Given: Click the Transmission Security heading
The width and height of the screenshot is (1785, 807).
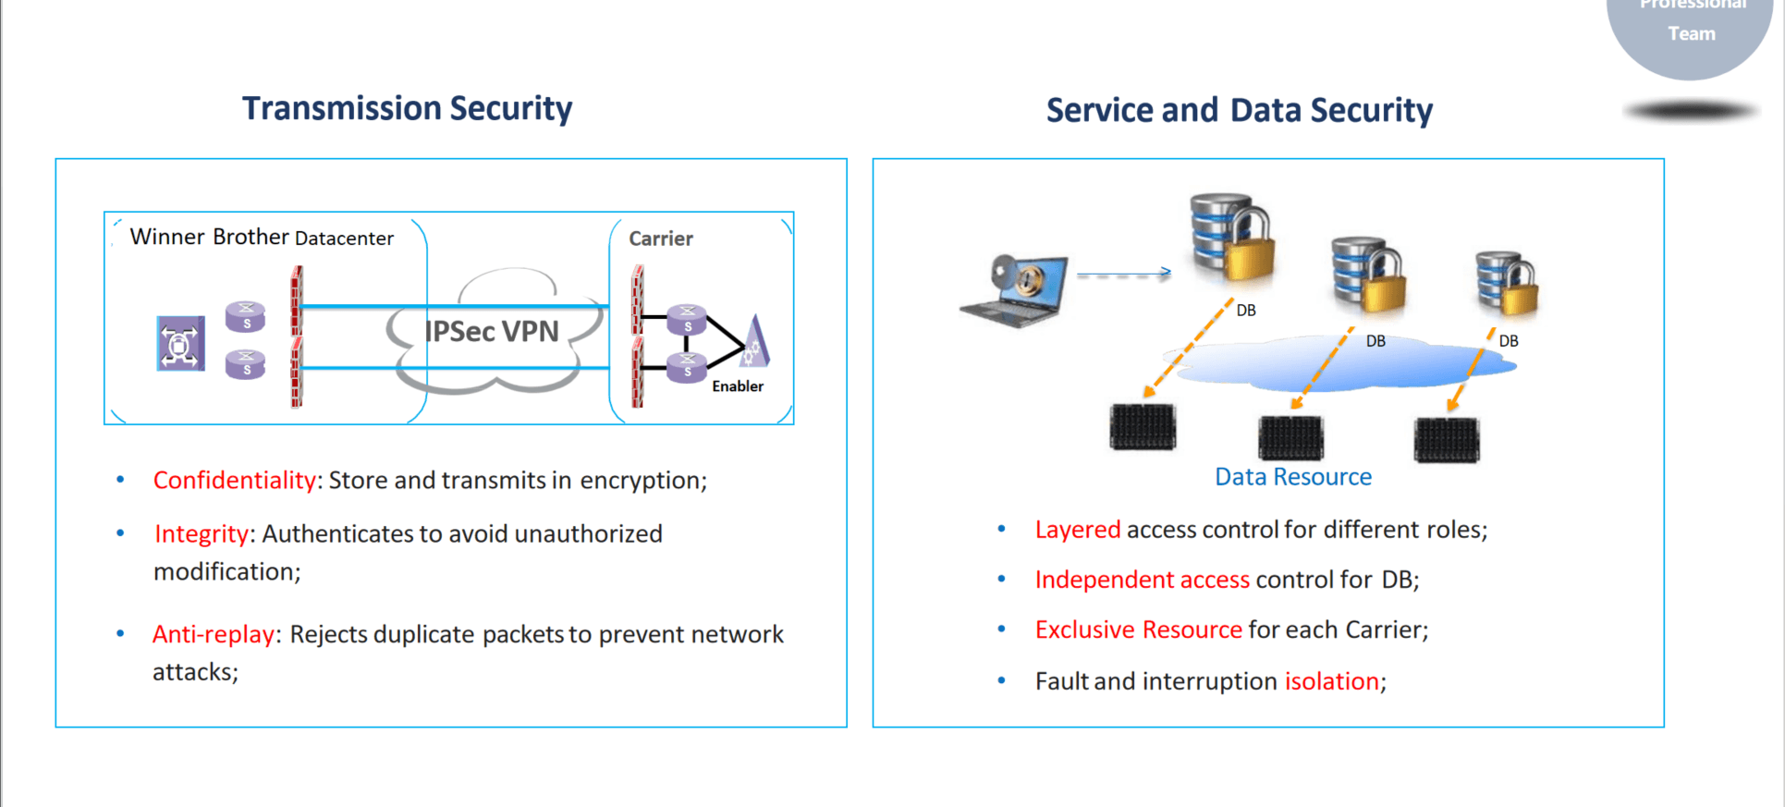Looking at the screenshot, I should pos(407,108).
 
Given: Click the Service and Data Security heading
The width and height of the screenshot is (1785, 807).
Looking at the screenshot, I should pos(1239,110).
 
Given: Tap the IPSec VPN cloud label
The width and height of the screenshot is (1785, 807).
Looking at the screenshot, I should pos(492,331).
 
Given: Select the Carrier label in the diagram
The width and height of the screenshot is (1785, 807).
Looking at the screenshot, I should pos(660,238).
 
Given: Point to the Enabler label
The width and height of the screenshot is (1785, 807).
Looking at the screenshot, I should pos(737,386).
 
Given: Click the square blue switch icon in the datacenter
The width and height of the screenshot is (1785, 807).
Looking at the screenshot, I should pos(180,343).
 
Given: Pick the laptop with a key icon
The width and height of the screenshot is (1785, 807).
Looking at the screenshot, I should pos(1016,290).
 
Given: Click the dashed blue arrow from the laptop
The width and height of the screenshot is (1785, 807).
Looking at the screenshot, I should pos(1123,273).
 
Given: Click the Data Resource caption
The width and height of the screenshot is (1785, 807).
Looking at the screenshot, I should pos(1292,477).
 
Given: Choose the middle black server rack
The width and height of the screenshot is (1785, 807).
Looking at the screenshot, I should pos(1290,437).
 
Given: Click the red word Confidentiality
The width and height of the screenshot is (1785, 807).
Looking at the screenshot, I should pos(234,481).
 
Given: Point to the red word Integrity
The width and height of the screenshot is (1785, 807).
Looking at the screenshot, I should pos(201,534).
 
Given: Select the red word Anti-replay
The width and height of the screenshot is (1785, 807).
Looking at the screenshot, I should pos(213,634).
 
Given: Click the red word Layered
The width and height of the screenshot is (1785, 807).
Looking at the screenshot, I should pos(1077,530).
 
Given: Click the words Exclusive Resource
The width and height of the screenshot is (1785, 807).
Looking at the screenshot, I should pos(1138,630).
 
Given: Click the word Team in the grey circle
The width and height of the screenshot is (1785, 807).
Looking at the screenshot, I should pos(1691,34).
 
